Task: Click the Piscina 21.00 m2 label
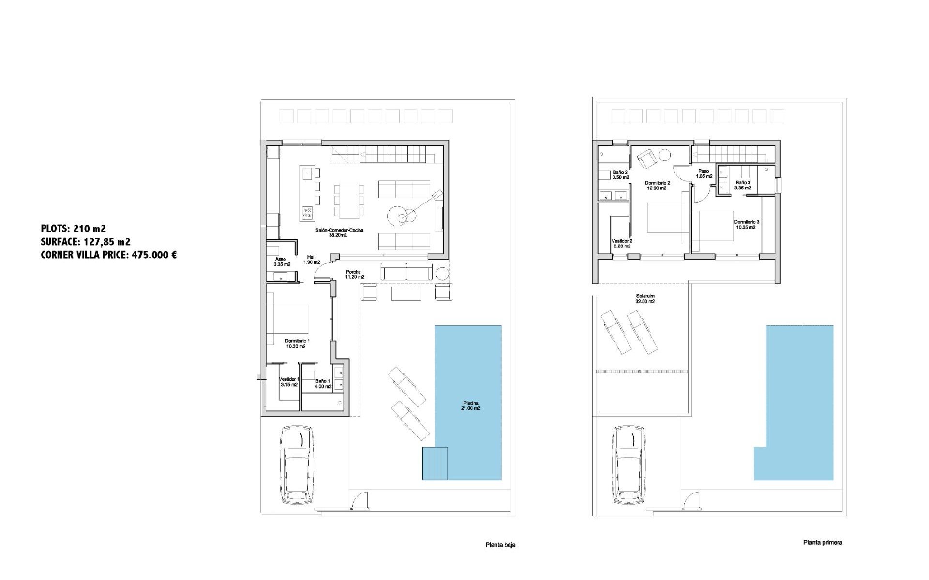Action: click(471, 406)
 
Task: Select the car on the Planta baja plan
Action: click(297, 465)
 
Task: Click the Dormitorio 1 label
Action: click(297, 343)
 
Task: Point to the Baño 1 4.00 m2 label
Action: click(323, 383)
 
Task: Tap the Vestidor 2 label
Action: click(622, 243)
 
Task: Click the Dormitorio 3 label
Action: click(746, 224)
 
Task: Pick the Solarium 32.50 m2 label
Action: click(645, 298)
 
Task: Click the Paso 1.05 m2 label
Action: click(704, 174)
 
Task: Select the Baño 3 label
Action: click(743, 185)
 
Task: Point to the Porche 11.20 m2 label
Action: click(354, 275)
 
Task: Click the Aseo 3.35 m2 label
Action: click(281, 261)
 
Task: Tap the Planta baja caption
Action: click(500, 545)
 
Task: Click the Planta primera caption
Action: click(823, 543)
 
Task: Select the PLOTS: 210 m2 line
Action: click(74, 229)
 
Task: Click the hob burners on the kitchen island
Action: click(307, 213)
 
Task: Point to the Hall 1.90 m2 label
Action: click(312, 260)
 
